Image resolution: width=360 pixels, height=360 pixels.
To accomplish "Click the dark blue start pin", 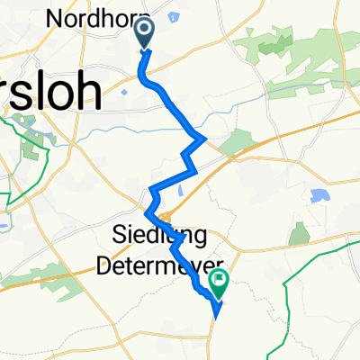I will click(x=144, y=34).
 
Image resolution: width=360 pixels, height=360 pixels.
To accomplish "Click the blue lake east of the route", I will click(x=317, y=195).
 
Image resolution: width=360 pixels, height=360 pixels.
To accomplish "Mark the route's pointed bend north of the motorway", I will click(x=205, y=138).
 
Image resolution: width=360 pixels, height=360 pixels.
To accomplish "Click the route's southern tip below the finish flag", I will click(x=216, y=316).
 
